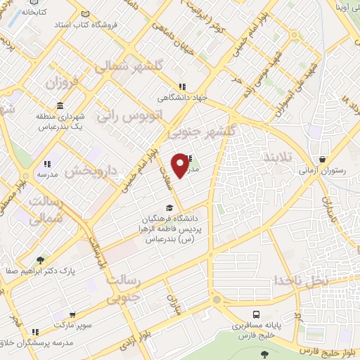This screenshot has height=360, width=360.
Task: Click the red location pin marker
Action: pos(181,164)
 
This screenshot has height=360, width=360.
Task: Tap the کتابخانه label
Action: pos(33,12)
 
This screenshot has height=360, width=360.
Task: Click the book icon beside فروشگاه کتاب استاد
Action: pos(84,14)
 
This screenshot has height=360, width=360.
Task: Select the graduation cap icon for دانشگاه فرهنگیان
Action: pos(169,207)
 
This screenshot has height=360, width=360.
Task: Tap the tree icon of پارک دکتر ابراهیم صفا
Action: pos(40,259)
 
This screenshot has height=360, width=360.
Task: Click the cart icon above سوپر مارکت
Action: pos(73,316)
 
